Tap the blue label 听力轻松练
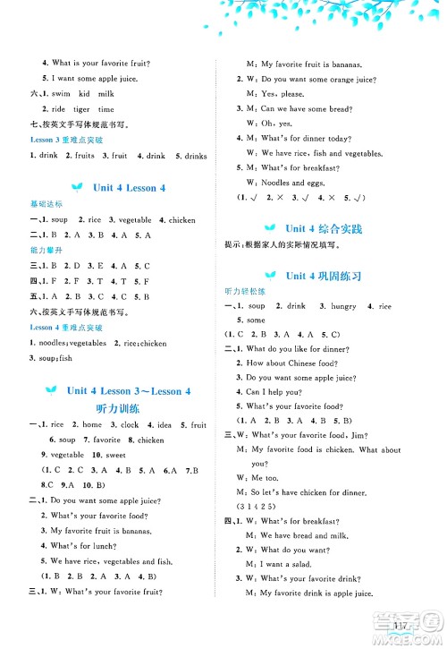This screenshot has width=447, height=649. (244, 292)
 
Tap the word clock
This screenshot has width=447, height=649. (128, 425)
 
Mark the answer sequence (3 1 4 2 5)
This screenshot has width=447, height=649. (256, 507)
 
